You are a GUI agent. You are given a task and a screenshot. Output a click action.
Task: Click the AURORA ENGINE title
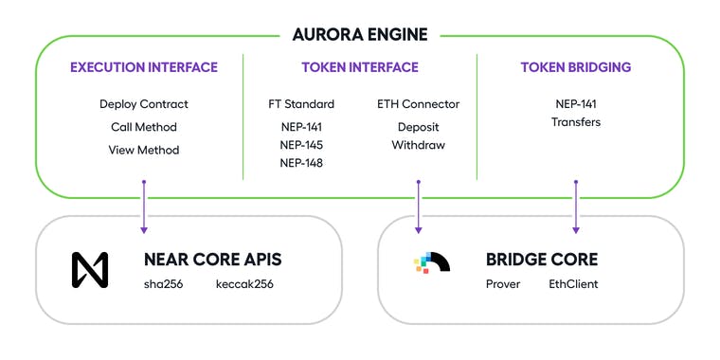(x=359, y=35)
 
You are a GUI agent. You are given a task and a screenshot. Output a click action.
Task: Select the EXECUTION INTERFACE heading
(x=143, y=67)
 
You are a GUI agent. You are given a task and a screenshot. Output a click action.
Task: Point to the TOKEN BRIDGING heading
(x=575, y=67)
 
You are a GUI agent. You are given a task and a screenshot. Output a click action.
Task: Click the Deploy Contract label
(x=143, y=104)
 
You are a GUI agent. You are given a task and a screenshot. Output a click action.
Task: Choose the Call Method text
(x=143, y=127)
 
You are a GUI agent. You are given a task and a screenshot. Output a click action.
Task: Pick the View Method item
(x=143, y=150)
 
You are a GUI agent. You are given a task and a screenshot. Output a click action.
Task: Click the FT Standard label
(x=301, y=104)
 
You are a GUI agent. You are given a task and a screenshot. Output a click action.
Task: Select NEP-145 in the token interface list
(x=301, y=144)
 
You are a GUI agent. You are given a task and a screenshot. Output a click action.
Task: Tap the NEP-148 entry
(x=301, y=163)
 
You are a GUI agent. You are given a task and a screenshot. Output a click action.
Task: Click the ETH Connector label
(x=418, y=104)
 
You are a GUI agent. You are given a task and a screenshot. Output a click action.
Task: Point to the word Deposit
(x=418, y=126)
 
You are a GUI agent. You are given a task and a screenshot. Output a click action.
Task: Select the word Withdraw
(x=418, y=145)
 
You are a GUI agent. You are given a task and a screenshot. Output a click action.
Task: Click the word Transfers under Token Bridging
(x=575, y=122)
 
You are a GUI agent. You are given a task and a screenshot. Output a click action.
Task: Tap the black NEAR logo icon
(x=90, y=269)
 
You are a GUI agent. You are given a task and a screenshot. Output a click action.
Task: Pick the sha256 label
(x=163, y=284)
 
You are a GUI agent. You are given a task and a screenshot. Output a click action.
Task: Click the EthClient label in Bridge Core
(x=573, y=284)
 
